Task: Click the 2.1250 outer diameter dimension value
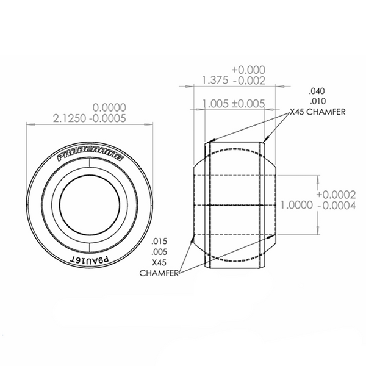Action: coord(70,118)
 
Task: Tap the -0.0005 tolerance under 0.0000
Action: coord(108,118)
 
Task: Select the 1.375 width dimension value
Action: coord(215,81)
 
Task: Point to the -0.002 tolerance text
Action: coord(249,81)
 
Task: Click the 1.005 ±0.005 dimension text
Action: coord(234,104)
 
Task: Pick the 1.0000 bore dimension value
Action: coord(296,205)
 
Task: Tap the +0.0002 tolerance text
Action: coord(336,195)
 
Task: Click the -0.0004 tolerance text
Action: coord(337,206)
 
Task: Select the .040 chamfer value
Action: coord(317,91)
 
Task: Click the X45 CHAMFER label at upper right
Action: coord(317,112)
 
